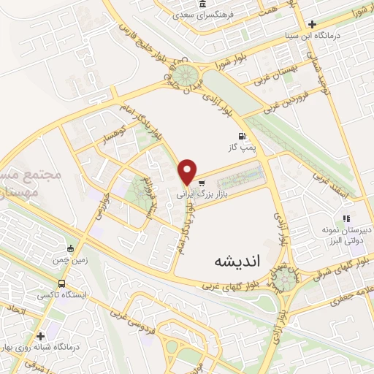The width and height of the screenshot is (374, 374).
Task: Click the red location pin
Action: [x=188, y=172]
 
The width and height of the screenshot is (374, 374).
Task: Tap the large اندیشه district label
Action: [x=237, y=260]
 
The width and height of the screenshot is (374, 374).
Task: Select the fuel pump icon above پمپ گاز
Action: [x=240, y=136]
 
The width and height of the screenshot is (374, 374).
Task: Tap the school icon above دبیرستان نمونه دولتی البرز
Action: [x=347, y=218]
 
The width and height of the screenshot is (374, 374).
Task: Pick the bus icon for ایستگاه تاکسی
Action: [x=62, y=283]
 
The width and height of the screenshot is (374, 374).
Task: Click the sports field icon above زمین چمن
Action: [x=70, y=248]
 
